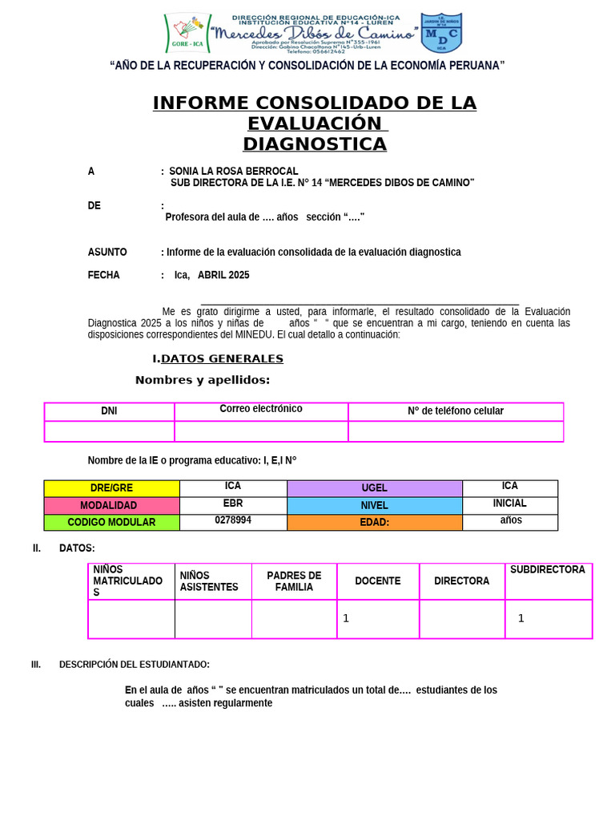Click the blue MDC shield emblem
pos(441,33)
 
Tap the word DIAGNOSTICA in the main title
pos(314,144)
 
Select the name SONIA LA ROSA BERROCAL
pos(234,172)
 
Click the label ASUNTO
pos(107,253)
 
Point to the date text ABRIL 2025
pos(223,275)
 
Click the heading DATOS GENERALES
pos(222,358)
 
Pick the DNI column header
pos(109,411)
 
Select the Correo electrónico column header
pos(261,409)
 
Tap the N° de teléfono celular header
pos(456,411)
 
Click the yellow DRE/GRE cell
pos(112,488)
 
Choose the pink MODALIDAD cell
pos(112,506)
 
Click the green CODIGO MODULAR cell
pos(112,523)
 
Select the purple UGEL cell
pos(374,488)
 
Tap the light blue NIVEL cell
pos(374,506)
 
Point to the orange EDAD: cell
pos(374,523)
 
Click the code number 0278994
pos(233,520)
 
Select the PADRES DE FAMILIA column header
pos(294,581)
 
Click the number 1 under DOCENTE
pos(346,618)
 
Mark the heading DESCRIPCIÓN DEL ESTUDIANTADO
pos(135,665)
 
